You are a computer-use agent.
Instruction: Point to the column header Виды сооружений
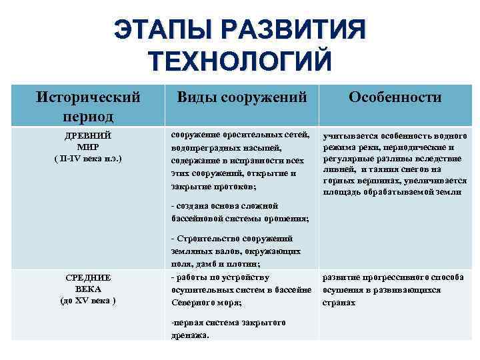coord(241,97)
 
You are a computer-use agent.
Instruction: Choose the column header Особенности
coord(395,97)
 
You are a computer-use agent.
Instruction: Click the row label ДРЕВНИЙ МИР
coord(88,140)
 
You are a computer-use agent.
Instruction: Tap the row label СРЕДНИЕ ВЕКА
coord(88,283)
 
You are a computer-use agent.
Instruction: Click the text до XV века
coord(88,301)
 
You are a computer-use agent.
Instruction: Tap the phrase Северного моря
coord(203,302)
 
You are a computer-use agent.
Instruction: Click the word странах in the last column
coord(339,302)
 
